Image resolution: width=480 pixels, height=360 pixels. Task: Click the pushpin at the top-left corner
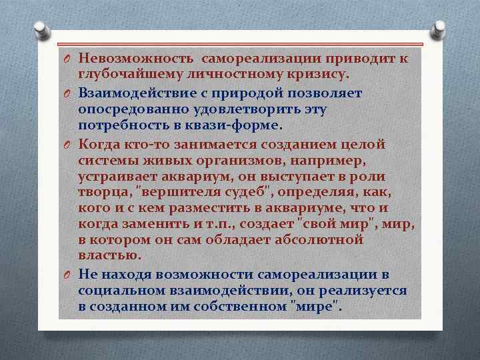(40, 31)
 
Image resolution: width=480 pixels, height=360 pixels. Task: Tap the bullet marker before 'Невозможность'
(68, 61)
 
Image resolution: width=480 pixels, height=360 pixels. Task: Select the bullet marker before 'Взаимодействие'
(68, 93)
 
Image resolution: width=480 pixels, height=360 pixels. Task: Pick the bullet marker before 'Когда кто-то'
(68, 144)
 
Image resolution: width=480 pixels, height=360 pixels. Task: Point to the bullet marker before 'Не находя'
(68, 275)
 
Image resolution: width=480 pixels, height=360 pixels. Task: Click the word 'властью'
(109, 257)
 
